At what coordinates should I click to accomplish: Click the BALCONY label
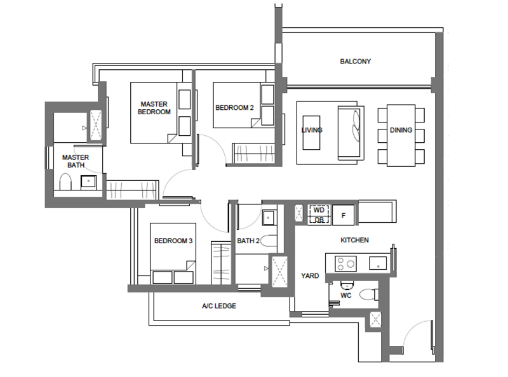(356, 61)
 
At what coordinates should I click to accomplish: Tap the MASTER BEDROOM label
(154, 108)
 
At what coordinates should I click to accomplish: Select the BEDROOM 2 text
(234, 107)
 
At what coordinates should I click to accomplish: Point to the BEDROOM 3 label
(173, 241)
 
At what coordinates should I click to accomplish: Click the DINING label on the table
(401, 130)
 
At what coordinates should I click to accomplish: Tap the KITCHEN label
(354, 240)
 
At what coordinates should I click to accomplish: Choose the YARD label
(310, 275)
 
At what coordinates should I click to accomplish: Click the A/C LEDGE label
(219, 306)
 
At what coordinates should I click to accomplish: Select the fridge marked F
(344, 215)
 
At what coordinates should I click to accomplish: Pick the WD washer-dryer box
(319, 210)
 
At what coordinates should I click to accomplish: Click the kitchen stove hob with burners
(345, 263)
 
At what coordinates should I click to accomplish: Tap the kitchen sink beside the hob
(378, 263)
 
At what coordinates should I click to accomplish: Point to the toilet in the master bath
(65, 182)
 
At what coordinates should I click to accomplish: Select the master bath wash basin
(88, 182)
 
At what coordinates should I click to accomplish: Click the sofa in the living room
(351, 133)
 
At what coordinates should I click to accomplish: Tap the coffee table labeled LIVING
(311, 133)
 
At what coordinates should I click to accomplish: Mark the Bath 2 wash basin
(268, 218)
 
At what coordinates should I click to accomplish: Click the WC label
(346, 295)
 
